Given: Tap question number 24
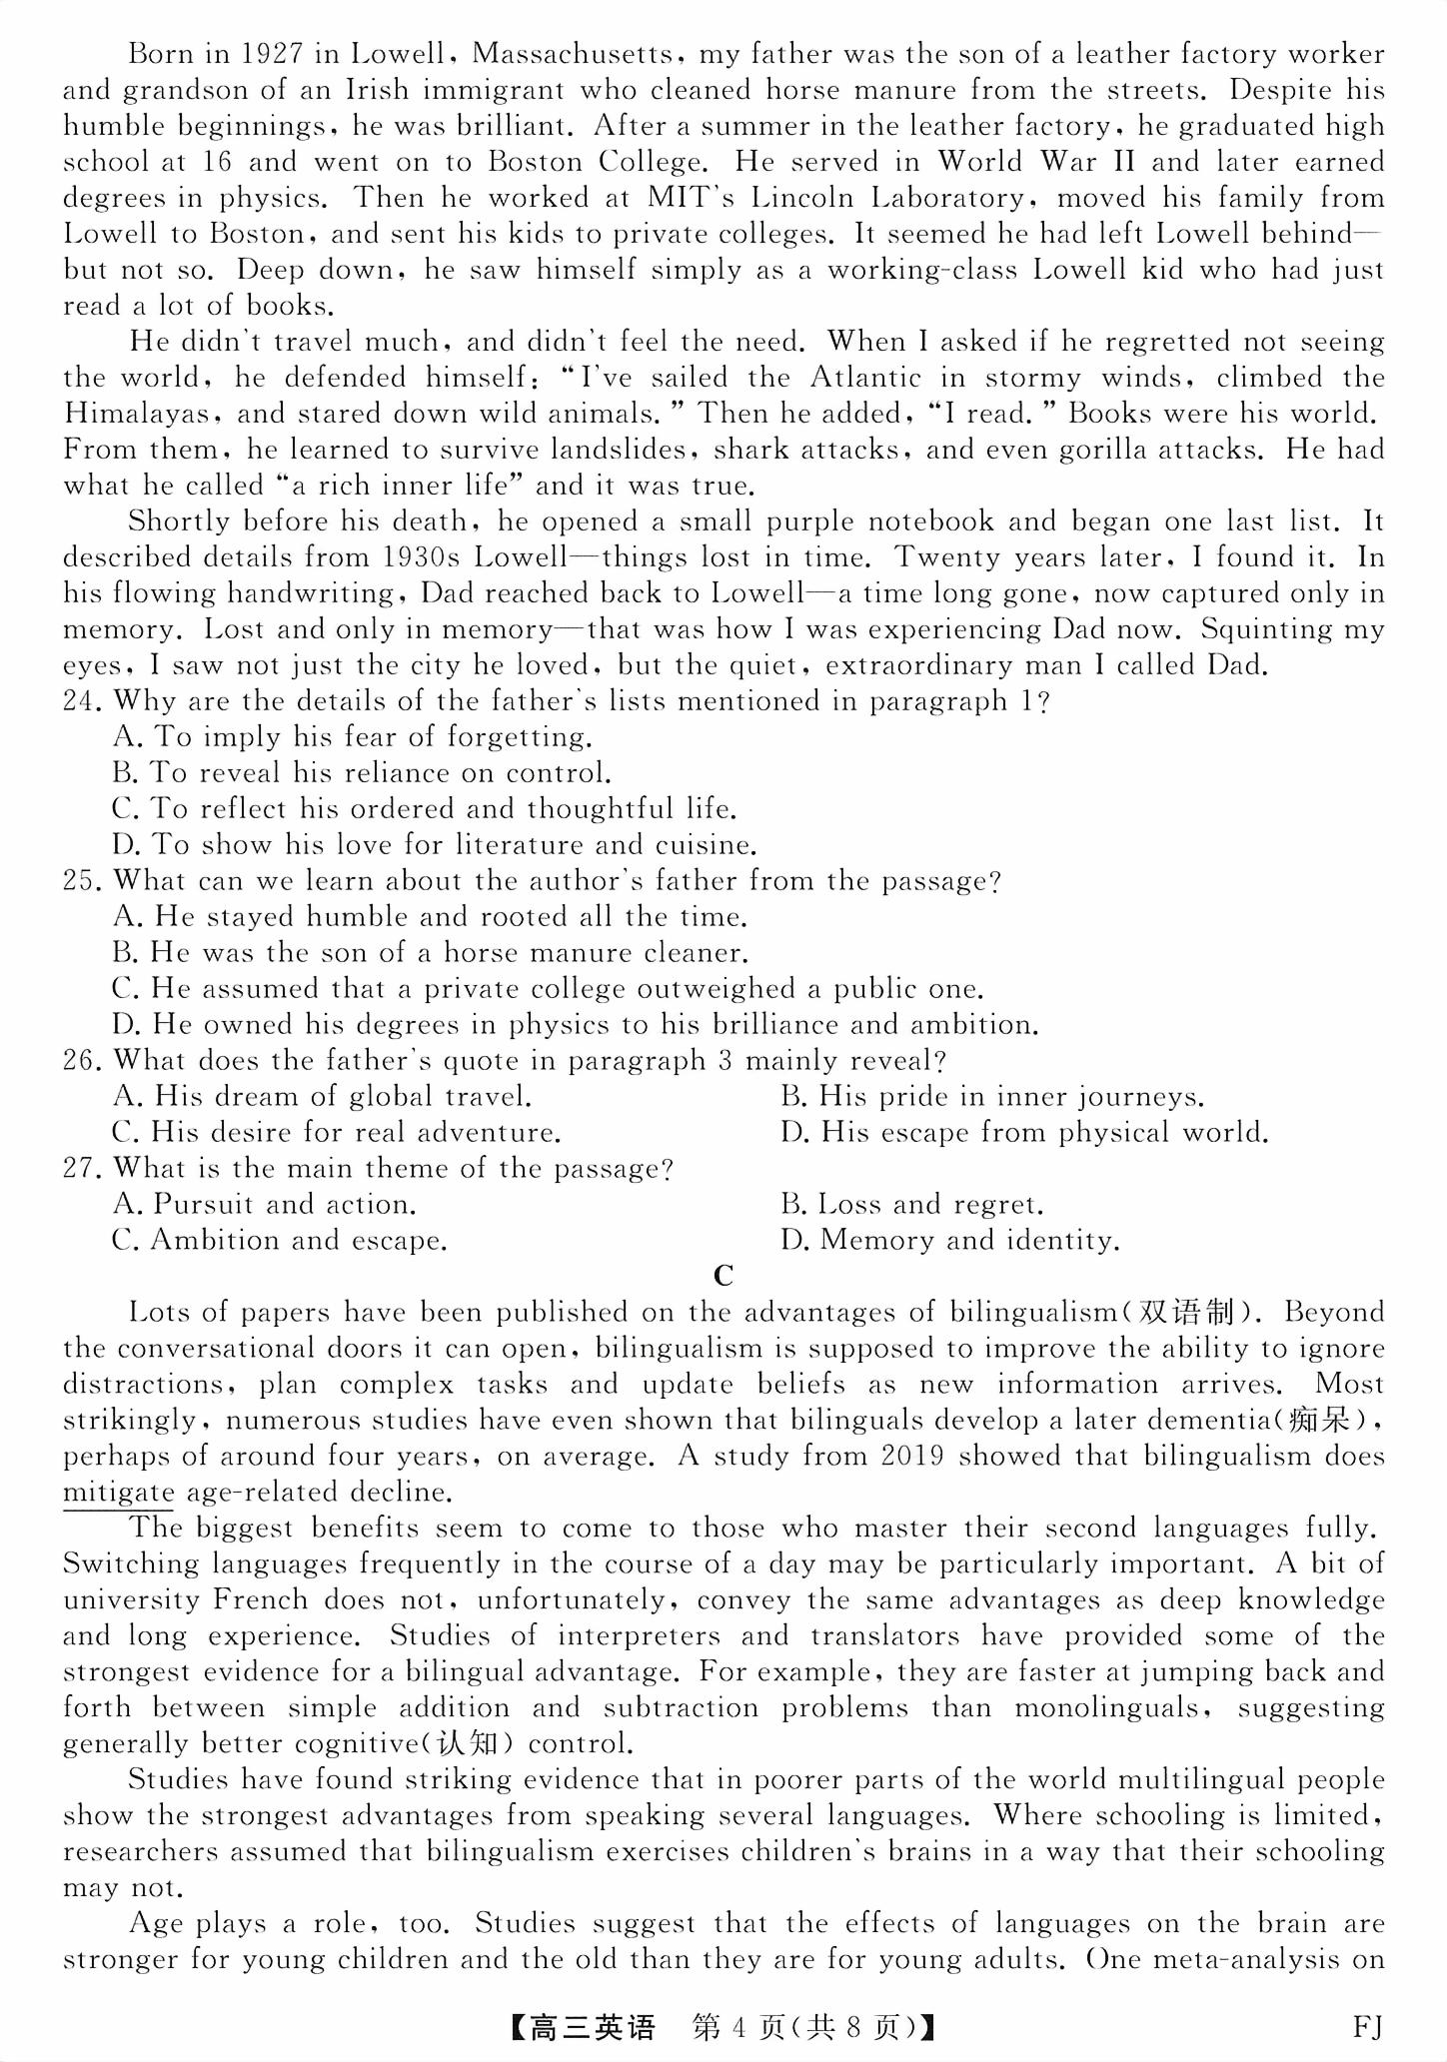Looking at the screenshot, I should pos(82,701).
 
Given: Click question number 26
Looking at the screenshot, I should pos(82,1061).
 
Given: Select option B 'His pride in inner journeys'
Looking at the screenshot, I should pos(991,1097).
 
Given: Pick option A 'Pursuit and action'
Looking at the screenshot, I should pos(264,1205).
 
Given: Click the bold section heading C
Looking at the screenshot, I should pos(723,1276).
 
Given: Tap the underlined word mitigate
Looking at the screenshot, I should pos(118,1493).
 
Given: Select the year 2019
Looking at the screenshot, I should pos(912,1457).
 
